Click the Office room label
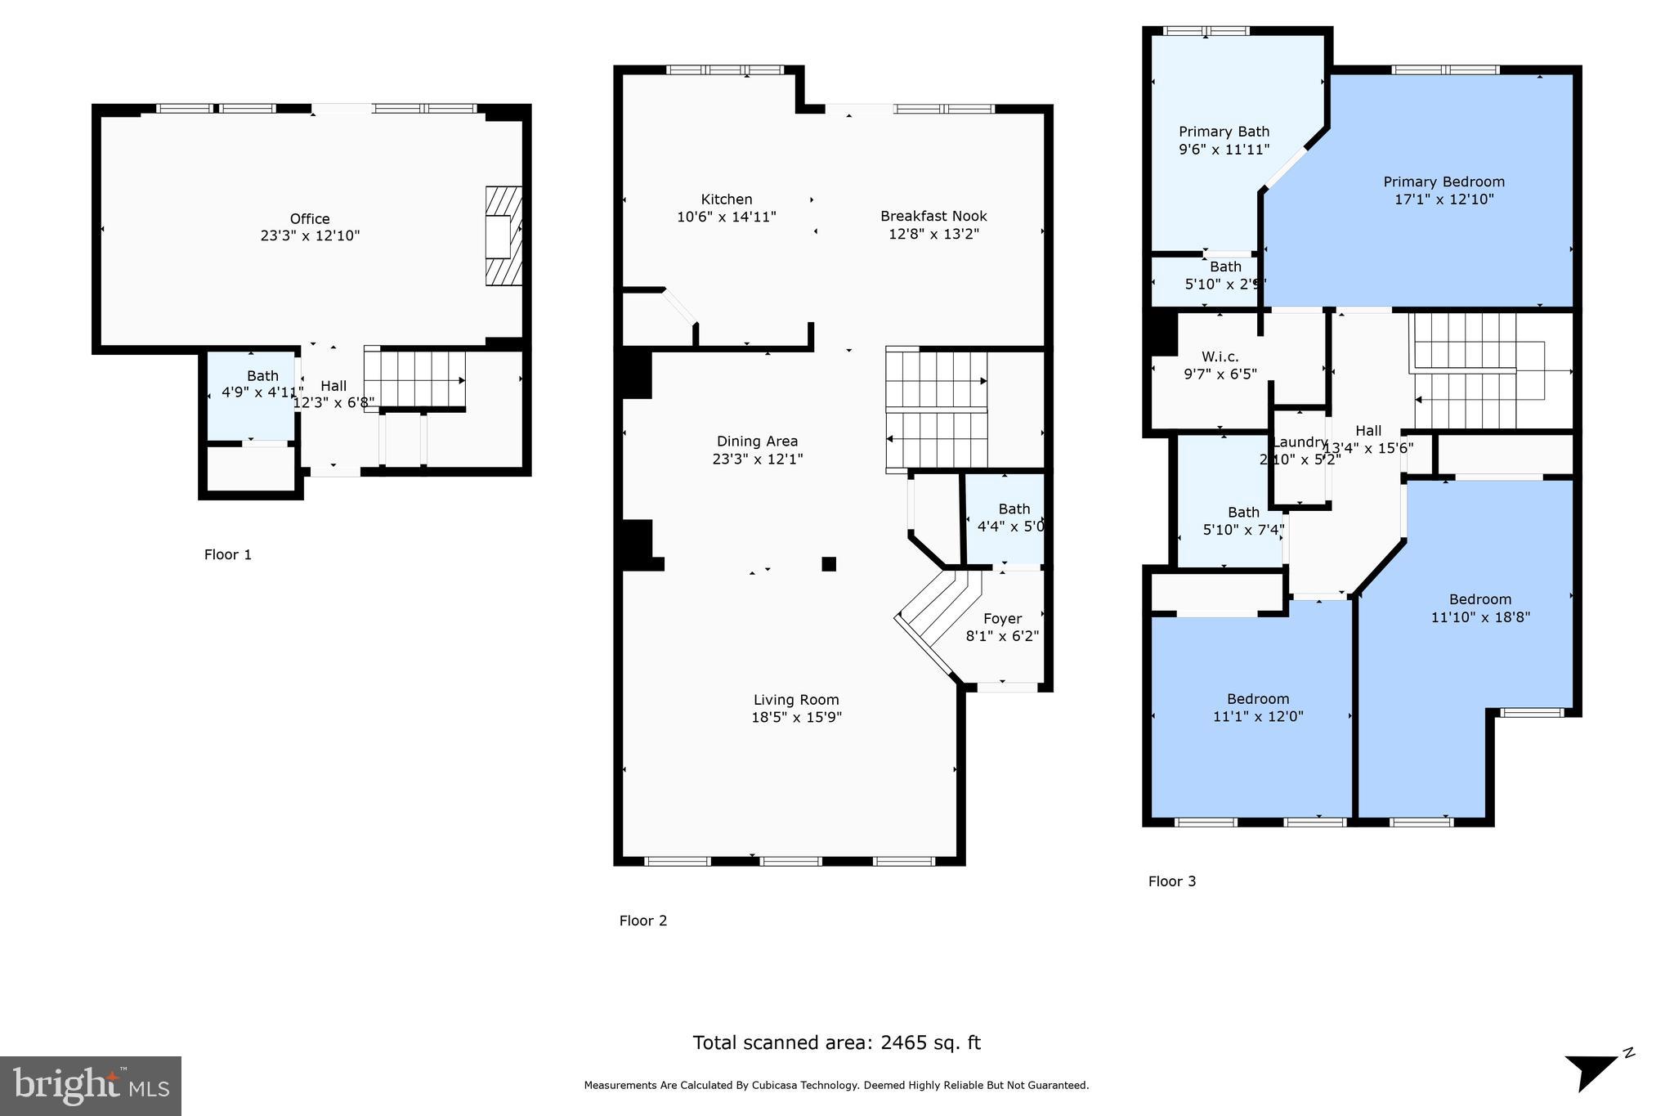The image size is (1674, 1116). (x=310, y=218)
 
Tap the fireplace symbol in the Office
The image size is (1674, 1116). (x=503, y=235)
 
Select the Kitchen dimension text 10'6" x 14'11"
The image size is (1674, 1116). (x=726, y=217)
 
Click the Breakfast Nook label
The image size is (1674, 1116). (x=933, y=216)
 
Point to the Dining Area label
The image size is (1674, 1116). (x=757, y=441)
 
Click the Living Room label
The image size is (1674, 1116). (x=796, y=700)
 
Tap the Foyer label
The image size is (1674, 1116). (x=1002, y=619)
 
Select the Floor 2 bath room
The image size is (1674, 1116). (x=1005, y=519)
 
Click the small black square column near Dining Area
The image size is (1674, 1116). (x=829, y=563)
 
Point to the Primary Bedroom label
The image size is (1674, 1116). (x=1443, y=182)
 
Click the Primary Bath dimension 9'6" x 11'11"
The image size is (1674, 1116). (x=1224, y=150)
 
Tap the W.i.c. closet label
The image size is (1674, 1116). (x=1220, y=356)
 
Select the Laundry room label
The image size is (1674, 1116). (x=1300, y=442)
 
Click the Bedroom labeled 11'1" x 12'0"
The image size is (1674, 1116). (x=1258, y=707)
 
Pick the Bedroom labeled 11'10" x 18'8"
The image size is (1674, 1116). (x=1480, y=608)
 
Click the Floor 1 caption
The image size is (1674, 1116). (x=228, y=554)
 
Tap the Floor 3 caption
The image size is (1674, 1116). (x=1171, y=881)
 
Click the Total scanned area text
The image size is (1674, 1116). (x=836, y=1042)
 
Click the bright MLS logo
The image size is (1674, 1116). (x=91, y=1085)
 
